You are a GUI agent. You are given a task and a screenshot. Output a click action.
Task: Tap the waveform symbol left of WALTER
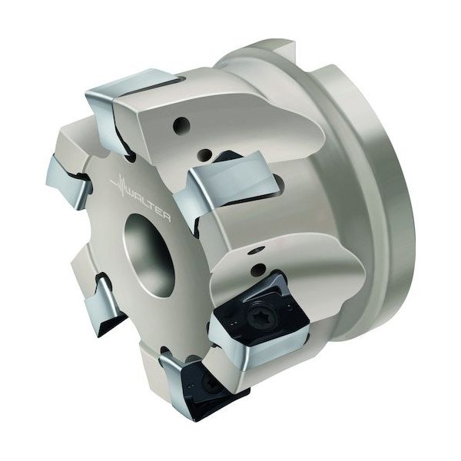click(119, 184)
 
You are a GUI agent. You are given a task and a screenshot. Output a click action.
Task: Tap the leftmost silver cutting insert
click(67, 182)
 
